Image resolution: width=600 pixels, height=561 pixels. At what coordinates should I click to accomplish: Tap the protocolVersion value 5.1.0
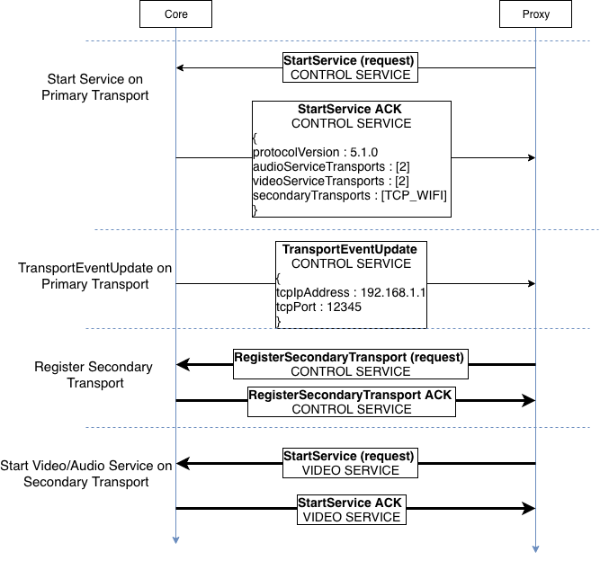click(x=363, y=152)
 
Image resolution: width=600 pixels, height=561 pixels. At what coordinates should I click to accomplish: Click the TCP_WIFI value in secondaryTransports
click(x=414, y=195)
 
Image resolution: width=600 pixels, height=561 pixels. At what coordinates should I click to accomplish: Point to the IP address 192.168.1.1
click(x=393, y=292)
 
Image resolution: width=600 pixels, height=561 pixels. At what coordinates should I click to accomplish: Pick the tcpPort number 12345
click(x=344, y=307)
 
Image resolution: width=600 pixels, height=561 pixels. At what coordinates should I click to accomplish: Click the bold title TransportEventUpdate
click(x=350, y=249)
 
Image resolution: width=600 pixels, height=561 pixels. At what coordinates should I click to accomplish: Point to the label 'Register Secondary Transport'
click(x=94, y=375)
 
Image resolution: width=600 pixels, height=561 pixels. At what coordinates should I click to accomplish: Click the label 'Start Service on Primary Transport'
click(x=94, y=87)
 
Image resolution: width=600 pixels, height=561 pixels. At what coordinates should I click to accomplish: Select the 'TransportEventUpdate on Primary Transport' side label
click(x=94, y=276)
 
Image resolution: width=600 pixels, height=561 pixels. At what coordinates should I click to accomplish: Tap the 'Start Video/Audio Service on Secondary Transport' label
click(x=86, y=474)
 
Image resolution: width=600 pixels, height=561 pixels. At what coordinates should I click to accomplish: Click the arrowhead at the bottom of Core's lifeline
click(x=175, y=540)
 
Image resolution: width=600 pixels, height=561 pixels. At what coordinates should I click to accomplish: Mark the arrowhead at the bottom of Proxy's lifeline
click(x=535, y=549)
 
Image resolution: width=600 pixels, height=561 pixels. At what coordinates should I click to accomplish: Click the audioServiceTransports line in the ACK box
click(x=331, y=166)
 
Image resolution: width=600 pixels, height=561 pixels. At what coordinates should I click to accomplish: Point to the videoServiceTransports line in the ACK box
click(x=331, y=181)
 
